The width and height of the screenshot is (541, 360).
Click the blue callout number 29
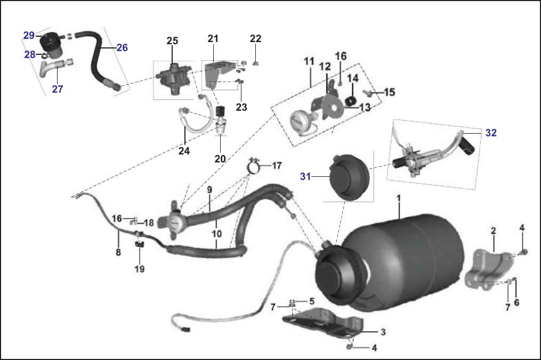click(29, 35)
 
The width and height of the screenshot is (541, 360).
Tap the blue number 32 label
click(491, 133)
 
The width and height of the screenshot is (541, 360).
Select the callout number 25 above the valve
click(172, 40)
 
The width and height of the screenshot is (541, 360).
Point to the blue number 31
click(305, 177)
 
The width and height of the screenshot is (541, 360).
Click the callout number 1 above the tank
click(399, 199)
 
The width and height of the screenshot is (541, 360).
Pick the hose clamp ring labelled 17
click(255, 167)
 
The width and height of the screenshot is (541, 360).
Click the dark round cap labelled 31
click(350, 177)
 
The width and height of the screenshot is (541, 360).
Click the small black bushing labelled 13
click(351, 101)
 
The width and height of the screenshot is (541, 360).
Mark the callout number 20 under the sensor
click(220, 159)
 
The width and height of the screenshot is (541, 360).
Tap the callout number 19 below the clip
click(140, 268)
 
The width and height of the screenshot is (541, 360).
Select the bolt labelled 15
click(369, 93)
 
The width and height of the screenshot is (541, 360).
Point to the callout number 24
click(184, 151)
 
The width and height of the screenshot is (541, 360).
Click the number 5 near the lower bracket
click(312, 301)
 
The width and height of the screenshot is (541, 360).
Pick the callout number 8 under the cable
click(118, 252)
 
